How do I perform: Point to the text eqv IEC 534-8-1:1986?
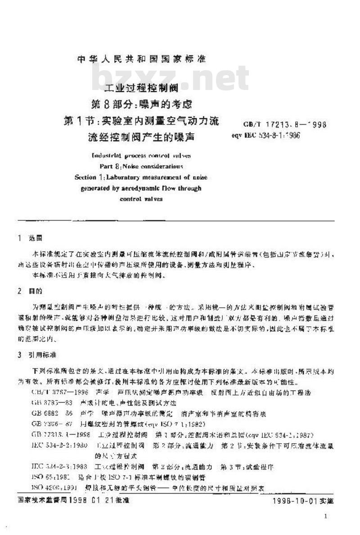click(x=266, y=135)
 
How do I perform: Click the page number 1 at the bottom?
click(x=325, y=517)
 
